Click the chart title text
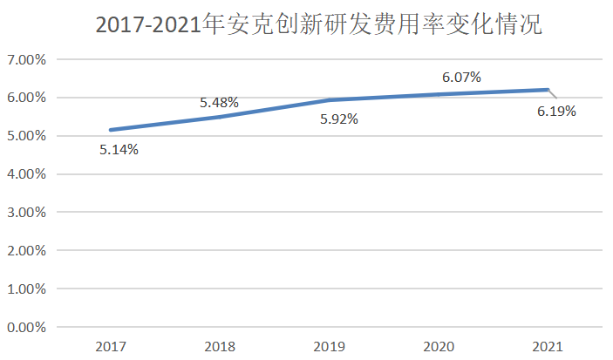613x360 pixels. tap(319, 25)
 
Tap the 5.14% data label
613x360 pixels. tap(119, 149)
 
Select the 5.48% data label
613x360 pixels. tap(219, 103)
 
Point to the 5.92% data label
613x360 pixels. tap(338, 119)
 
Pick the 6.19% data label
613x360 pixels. tap(556, 111)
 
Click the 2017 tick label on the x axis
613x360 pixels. tap(111, 346)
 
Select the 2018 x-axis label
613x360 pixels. tap(220, 346)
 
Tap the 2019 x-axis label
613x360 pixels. tap(329, 346)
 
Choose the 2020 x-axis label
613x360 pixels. tap(439, 346)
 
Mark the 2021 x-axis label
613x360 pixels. tap(548, 346)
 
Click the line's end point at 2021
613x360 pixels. tap(548, 90)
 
